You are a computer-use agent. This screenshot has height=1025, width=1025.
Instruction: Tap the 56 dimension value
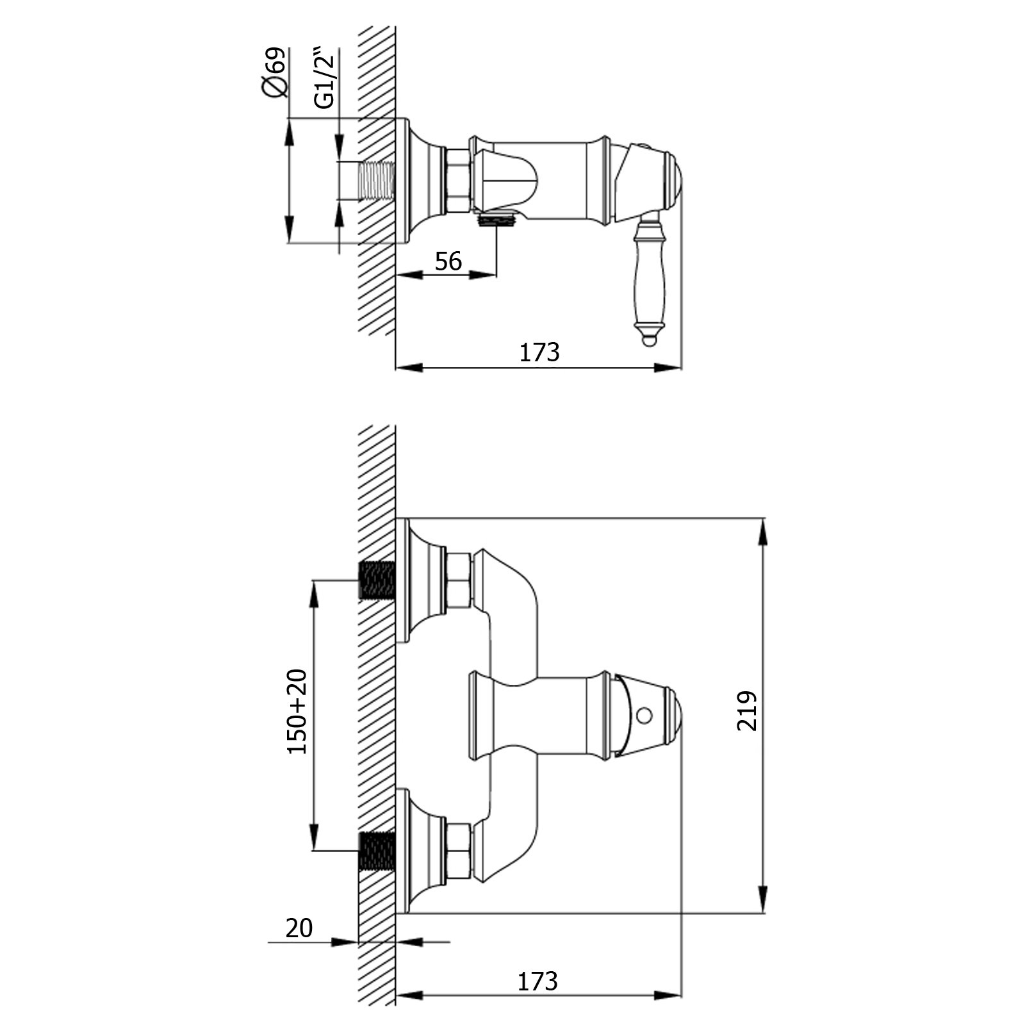tap(448, 261)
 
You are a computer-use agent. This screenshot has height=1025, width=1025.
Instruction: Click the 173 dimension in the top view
tap(539, 352)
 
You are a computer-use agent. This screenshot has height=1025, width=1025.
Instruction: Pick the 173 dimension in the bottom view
tap(537, 981)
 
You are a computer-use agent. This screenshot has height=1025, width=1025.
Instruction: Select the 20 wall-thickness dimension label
tap(299, 928)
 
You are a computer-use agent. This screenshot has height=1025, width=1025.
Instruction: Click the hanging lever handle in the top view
tap(648, 282)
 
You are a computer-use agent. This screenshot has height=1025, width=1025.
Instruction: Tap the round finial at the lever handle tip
tap(649, 341)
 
